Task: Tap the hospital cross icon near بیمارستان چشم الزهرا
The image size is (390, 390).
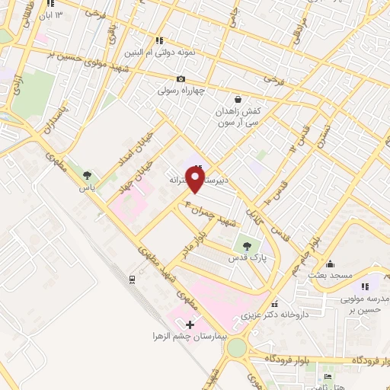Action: tap(190, 325)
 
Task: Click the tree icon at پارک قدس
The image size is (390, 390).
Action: tap(245, 246)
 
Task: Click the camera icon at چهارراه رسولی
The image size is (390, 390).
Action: tap(181, 79)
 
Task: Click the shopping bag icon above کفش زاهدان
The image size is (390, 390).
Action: tap(238, 99)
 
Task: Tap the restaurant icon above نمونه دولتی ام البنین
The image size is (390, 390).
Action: tap(158, 41)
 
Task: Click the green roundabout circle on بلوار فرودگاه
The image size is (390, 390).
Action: tap(237, 349)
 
